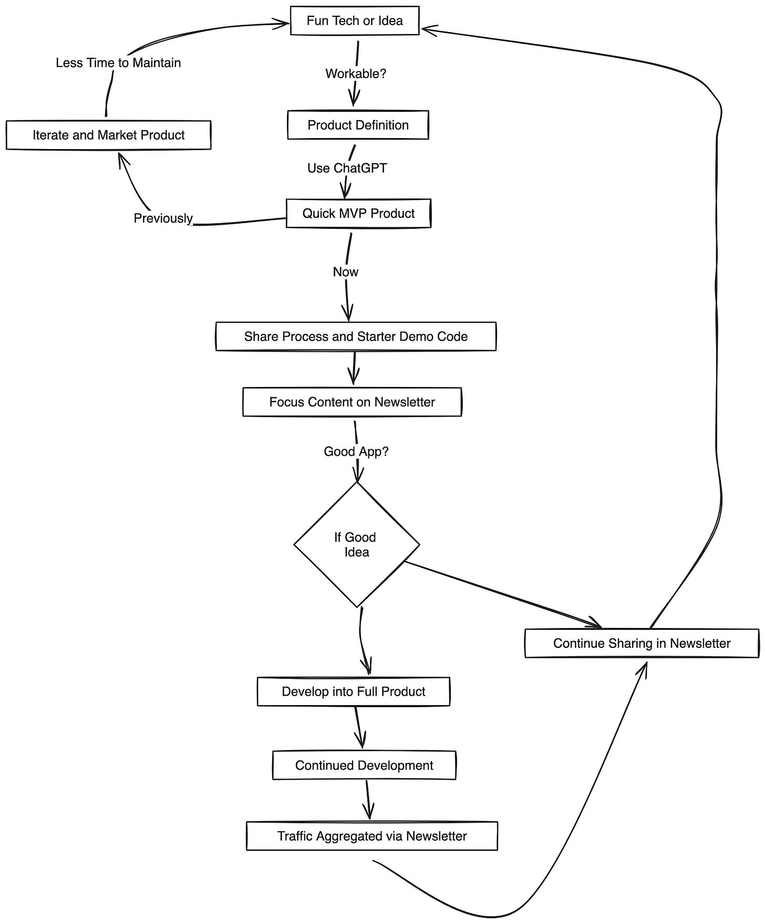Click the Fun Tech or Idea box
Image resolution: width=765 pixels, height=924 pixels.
coord(355,21)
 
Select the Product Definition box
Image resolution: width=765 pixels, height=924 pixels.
coord(358,125)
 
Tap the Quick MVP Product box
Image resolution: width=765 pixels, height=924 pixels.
coord(358,214)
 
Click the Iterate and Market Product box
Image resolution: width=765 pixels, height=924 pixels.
coord(108,135)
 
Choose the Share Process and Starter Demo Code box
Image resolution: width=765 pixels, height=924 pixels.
coord(356,337)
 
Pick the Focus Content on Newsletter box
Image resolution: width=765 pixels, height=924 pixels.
coord(352,402)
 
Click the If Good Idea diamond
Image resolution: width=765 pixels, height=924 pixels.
coord(356,544)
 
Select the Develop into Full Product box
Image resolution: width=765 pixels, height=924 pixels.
coord(353,691)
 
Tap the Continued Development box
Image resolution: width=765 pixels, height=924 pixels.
coord(364,765)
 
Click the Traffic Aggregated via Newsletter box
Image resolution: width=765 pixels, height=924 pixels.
coord(371,836)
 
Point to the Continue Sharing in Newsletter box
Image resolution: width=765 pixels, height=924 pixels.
coord(642,644)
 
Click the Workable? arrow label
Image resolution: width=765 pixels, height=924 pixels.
coord(356,74)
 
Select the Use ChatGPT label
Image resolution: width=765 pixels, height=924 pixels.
coord(347,169)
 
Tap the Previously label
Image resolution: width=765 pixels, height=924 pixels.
coord(163,218)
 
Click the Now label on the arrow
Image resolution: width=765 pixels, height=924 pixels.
coord(345,272)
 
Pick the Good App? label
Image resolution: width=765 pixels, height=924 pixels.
coord(356,451)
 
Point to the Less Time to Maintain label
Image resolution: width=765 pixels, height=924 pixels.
coord(118,63)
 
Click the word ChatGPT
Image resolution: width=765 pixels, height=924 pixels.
coord(360,169)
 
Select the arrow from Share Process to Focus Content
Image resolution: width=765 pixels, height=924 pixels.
coord(354,369)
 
